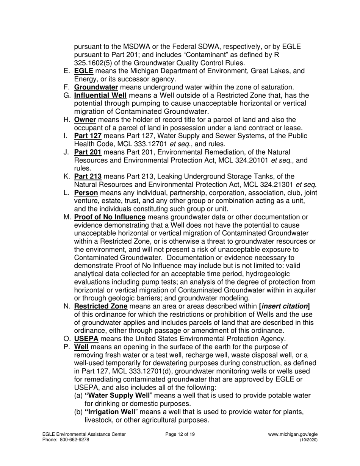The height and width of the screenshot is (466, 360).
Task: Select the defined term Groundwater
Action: (96, 87)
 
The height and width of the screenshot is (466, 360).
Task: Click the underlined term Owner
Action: (85, 120)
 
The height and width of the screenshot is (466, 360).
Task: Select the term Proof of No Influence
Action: (110, 217)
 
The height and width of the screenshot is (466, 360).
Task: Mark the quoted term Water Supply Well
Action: (117, 396)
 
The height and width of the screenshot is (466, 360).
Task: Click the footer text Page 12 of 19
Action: (180, 435)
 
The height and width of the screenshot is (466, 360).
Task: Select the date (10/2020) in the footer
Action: (309, 440)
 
